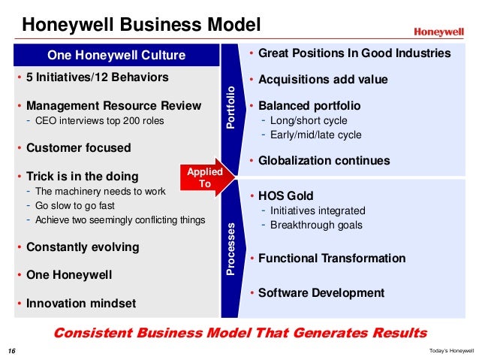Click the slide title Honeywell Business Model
coord(140,26)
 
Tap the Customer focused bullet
coord(77,148)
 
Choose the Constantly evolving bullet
coord(83,247)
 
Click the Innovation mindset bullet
coord(81,303)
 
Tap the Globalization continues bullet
coord(324,161)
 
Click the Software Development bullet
coord(321,292)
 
